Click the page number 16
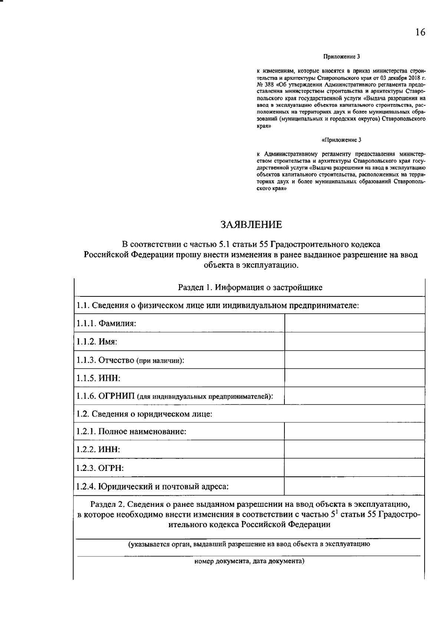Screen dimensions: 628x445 [x=420, y=33]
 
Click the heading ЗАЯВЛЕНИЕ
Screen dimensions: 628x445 [x=251, y=225]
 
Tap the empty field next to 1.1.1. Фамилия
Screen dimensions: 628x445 [x=355, y=323]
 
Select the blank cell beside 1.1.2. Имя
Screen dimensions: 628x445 [x=355, y=341]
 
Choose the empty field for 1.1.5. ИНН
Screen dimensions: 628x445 [x=355, y=378]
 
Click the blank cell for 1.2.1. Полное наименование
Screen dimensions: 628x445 [x=355, y=431]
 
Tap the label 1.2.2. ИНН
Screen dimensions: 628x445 [x=98, y=449]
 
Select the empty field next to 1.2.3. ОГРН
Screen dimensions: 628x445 [x=355, y=468]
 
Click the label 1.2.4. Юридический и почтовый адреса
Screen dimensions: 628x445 [x=152, y=486]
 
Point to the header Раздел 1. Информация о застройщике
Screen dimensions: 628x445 [x=250, y=288]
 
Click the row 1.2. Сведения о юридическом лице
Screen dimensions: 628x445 [x=144, y=413]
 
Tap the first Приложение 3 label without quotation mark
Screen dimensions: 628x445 [x=342, y=57]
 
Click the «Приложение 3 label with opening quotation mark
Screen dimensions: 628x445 [x=341, y=140]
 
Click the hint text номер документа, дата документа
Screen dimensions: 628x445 [x=249, y=561]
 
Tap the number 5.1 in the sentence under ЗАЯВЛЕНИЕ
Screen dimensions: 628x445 [x=226, y=245]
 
